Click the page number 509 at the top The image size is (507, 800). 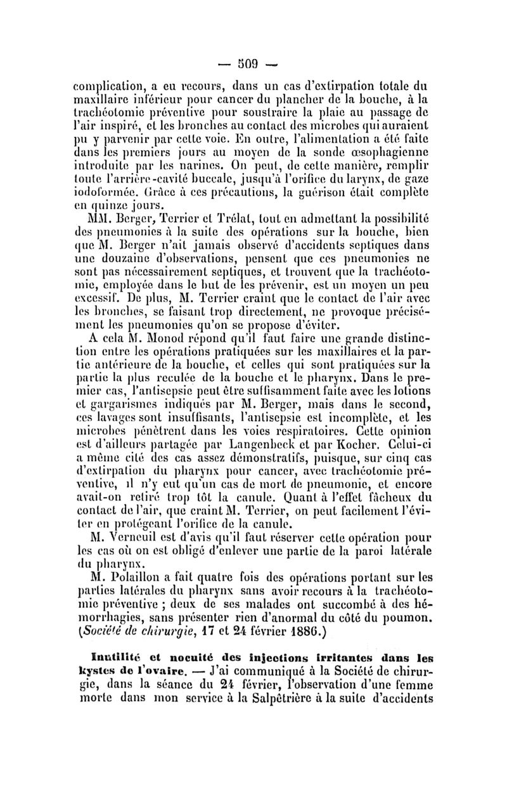point(253,63)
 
